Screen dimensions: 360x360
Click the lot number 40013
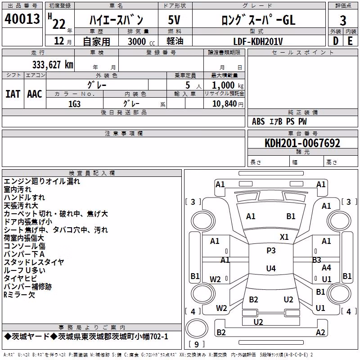pyautogui.click(x=22, y=19)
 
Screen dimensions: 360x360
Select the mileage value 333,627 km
pyautogui.click(x=53, y=65)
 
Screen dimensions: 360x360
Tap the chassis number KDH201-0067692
pyautogui.click(x=302, y=143)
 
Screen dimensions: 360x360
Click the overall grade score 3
pyautogui.click(x=343, y=20)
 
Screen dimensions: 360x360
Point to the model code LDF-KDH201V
pyautogui.click(x=258, y=41)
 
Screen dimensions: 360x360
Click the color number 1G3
pyautogui.click(x=74, y=104)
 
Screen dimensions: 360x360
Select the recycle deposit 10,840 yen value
pyautogui.click(x=228, y=104)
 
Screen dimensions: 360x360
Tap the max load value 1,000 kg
pyautogui.click(x=228, y=85)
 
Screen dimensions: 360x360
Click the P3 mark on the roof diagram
pyautogui.click(x=271, y=251)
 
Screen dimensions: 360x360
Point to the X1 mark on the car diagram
pyautogui.click(x=284, y=237)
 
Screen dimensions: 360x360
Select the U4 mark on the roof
pyautogui.click(x=271, y=268)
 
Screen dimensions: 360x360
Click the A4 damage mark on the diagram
pyautogui.click(x=326, y=267)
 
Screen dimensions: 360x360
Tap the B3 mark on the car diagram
pyautogui.click(x=317, y=260)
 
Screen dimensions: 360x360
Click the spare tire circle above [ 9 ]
pyautogui.click(x=197, y=328)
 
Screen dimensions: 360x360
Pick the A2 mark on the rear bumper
pyautogui.click(x=320, y=332)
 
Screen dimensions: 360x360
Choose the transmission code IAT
pyautogui.click(x=13, y=94)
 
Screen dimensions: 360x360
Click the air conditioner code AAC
pyautogui.click(x=35, y=94)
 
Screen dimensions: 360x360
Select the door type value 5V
pyautogui.click(x=174, y=20)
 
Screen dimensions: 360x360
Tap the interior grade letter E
pyautogui.click(x=350, y=41)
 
